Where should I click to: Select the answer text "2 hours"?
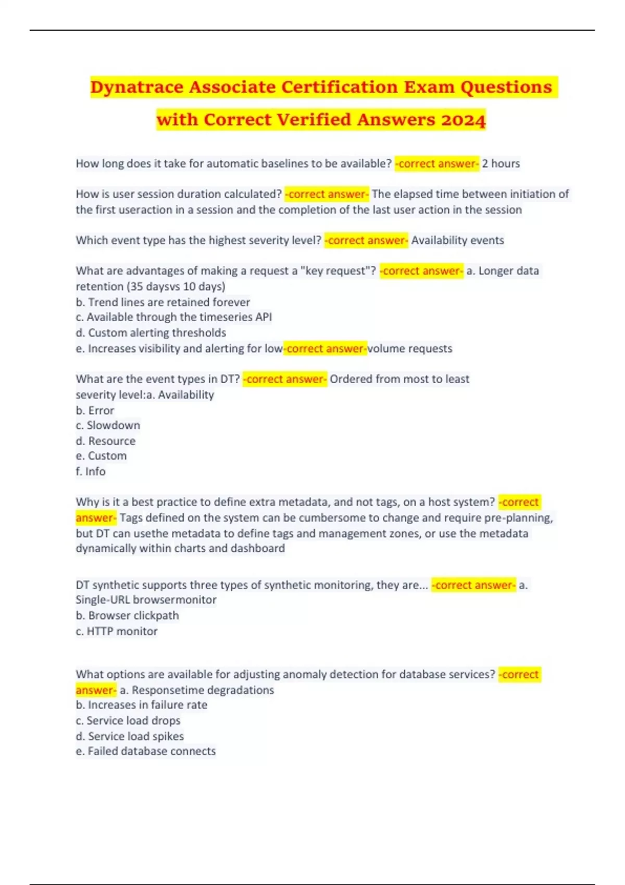(x=501, y=163)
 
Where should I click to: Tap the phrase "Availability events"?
(x=457, y=240)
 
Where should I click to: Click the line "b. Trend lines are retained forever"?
(x=162, y=302)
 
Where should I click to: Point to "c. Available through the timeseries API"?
(x=173, y=317)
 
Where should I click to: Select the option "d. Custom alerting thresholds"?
(x=151, y=333)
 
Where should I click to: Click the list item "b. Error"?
(x=95, y=410)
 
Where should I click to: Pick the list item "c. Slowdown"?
(x=108, y=425)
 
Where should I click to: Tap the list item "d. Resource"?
(x=105, y=441)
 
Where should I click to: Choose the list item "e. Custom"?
(x=101, y=456)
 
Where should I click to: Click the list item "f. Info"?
(x=91, y=471)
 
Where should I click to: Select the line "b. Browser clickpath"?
(x=127, y=615)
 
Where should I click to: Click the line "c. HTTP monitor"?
(x=117, y=631)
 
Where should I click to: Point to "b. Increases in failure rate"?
(x=141, y=705)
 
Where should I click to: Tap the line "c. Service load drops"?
(x=128, y=720)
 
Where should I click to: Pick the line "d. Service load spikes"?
(x=130, y=736)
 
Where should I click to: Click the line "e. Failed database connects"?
(x=145, y=751)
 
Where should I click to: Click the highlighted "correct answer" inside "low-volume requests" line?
(x=326, y=348)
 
